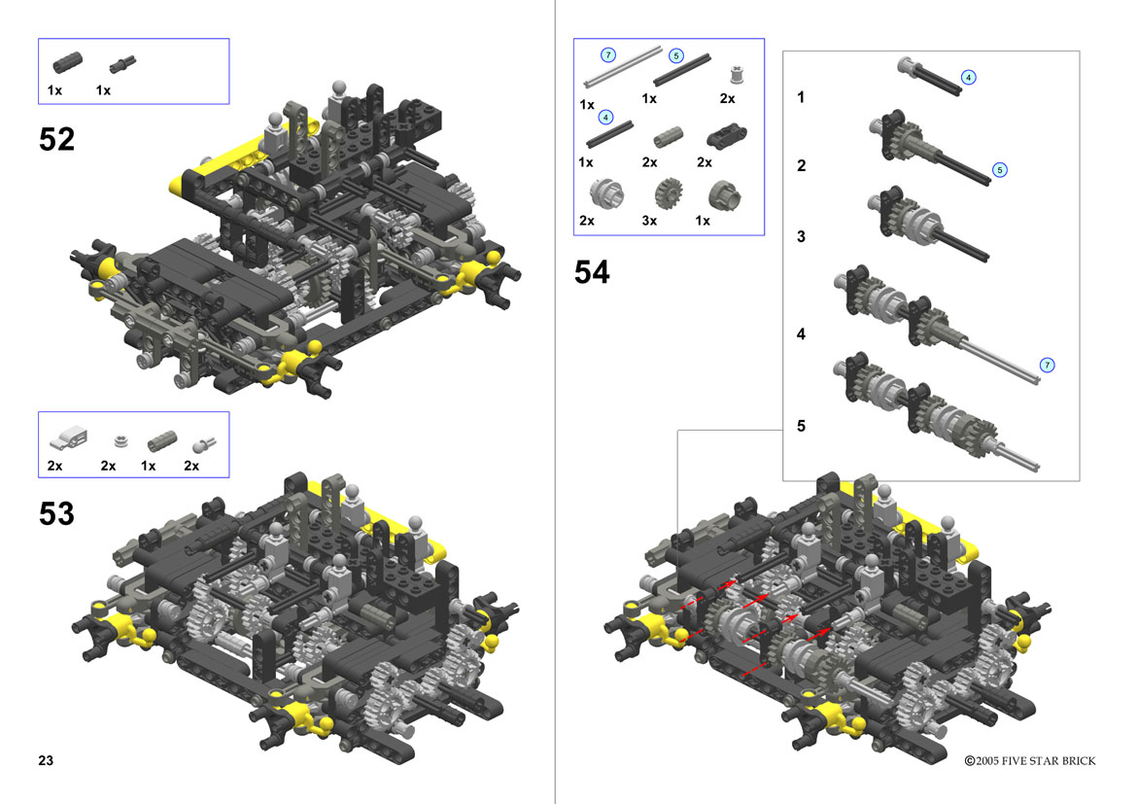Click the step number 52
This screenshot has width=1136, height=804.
[56, 139]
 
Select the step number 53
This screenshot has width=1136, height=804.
[56, 513]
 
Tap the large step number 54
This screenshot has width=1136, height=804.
[592, 272]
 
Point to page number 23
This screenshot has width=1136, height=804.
[46, 760]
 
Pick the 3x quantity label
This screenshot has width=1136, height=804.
[649, 221]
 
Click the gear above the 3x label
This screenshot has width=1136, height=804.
[669, 193]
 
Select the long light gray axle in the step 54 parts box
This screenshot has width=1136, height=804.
[623, 67]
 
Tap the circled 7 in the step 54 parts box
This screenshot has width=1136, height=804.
[608, 55]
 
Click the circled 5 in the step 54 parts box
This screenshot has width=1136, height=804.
[676, 55]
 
